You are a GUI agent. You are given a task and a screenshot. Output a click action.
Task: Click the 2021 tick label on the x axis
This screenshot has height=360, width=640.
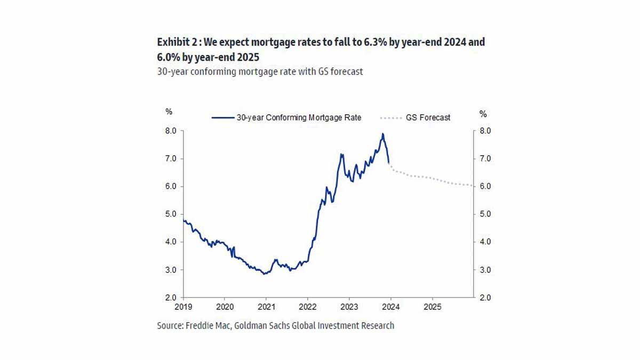coord(266,308)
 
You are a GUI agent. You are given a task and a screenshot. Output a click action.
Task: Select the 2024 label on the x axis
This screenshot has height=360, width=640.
coord(390,308)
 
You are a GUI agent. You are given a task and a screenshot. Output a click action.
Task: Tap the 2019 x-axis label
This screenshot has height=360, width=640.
coord(183,308)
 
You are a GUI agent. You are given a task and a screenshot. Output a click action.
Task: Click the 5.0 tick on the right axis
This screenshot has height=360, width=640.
coord(485,214)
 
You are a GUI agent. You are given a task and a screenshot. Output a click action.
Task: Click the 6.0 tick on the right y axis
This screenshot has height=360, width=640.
coord(485,186)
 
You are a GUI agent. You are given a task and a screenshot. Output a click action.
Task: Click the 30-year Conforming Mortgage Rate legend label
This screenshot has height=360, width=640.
coord(299,117)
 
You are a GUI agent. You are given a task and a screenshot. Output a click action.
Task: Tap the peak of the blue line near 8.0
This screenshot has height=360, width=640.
coord(382,134)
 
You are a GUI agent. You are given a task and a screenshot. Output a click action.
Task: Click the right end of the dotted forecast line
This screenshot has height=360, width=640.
coord(473,186)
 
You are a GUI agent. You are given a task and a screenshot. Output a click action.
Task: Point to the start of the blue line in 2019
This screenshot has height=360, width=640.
coord(183,220)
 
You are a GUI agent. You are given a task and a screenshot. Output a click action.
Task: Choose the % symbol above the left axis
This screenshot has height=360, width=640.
coord(169,112)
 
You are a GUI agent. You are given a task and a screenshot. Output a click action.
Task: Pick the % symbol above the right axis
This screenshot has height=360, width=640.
coord(483,114)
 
